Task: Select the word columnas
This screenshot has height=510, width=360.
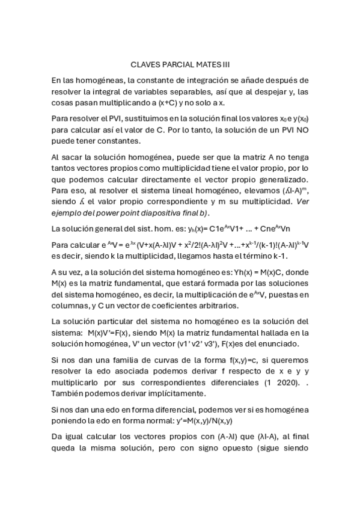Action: tap(74, 306)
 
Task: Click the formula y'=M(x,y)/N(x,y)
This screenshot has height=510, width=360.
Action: tap(191, 422)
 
